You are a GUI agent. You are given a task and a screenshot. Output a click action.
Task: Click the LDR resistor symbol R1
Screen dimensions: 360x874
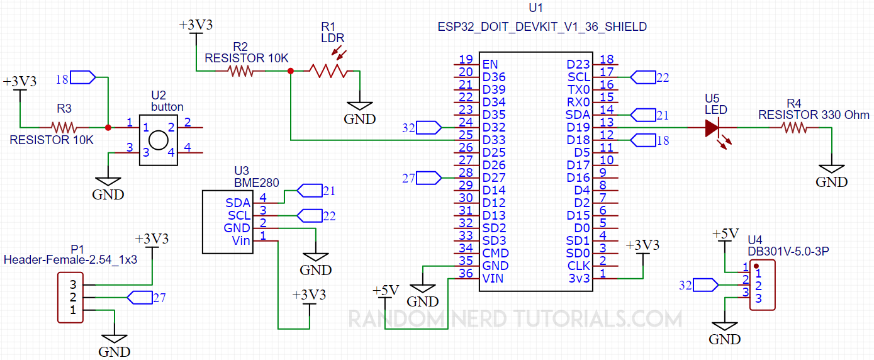click(x=328, y=71)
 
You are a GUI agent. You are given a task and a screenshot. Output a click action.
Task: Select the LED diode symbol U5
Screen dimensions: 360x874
click(x=712, y=128)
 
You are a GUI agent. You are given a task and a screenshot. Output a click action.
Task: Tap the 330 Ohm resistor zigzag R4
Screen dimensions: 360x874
click(x=795, y=128)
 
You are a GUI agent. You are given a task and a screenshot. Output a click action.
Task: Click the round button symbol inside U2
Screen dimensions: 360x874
click(x=158, y=140)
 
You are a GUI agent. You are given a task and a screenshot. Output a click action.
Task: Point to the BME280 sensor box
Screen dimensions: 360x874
click(x=227, y=222)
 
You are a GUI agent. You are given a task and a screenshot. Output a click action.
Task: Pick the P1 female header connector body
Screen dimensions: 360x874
click(x=70, y=297)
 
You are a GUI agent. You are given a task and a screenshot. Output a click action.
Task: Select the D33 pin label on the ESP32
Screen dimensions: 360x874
click(x=494, y=140)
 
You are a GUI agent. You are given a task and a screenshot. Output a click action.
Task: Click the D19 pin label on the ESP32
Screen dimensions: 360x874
click(x=578, y=127)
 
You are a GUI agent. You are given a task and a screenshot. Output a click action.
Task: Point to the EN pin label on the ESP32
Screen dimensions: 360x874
click(x=490, y=64)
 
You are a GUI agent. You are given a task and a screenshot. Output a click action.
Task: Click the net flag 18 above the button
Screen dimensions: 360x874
click(x=83, y=77)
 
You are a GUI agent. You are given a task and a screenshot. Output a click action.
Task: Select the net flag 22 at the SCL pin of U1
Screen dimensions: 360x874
click(x=642, y=77)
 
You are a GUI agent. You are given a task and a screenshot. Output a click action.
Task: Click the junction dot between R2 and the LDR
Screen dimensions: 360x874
click(x=290, y=71)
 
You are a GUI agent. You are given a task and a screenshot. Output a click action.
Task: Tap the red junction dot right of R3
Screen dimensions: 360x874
click(x=108, y=127)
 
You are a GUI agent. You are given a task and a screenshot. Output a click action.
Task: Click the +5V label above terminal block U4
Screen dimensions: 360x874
click(x=725, y=235)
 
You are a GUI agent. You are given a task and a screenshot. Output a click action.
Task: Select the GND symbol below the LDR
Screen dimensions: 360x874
click(x=359, y=110)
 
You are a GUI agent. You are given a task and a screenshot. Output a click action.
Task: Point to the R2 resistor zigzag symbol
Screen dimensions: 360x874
click(x=241, y=71)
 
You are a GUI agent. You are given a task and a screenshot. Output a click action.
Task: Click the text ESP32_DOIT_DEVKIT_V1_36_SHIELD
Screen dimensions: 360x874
click(x=542, y=27)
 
